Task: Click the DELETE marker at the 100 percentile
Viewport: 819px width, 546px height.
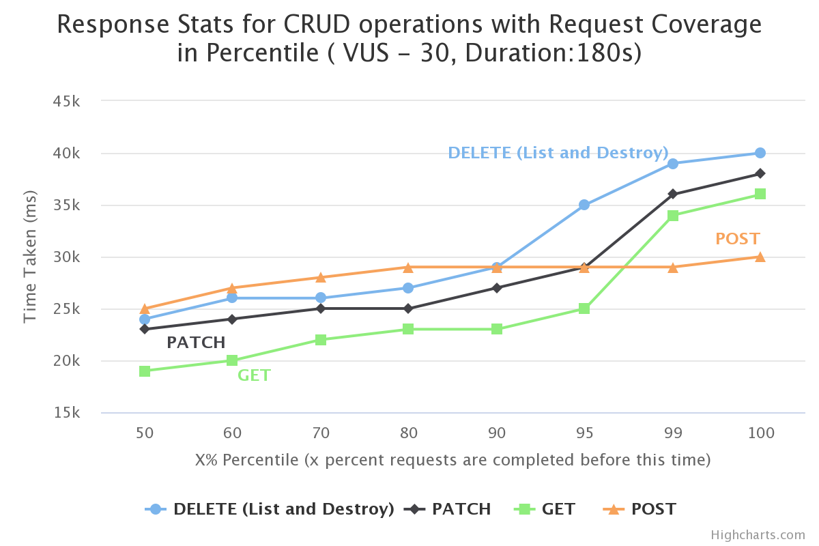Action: [760, 153]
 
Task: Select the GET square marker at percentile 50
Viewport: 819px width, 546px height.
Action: [145, 371]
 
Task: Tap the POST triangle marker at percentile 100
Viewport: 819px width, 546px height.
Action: [760, 257]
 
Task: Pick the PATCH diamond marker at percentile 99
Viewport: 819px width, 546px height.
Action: [673, 195]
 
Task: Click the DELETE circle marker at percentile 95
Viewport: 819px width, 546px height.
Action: [584, 205]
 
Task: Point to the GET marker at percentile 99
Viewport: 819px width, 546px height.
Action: [673, 216]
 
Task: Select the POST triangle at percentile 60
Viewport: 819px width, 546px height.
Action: [232, 288]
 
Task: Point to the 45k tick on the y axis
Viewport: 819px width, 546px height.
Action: [68, 101]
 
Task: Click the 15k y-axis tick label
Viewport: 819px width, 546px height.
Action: [68, 413]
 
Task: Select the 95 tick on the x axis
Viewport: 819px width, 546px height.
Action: [584, 433]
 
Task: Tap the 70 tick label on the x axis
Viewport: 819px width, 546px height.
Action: [321, 433]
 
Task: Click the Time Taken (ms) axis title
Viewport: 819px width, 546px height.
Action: [30, 256]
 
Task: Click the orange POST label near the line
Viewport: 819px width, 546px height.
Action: [737, 239]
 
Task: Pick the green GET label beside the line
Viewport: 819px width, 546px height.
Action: [254, 375]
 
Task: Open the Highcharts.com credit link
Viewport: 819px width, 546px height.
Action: [758, 535]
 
